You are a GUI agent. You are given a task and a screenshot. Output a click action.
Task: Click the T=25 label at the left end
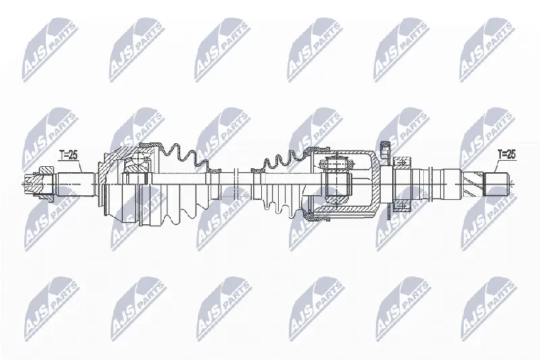[69, 155]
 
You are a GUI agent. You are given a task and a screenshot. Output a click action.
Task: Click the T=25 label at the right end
[507, 155]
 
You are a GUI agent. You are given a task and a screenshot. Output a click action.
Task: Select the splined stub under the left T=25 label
[76, 184]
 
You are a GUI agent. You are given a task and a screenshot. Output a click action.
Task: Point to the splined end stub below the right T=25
[497, 184]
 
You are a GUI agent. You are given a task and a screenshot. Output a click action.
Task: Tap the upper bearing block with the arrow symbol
[402, 161]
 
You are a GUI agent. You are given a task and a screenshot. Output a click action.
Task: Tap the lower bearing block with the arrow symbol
[402, 207]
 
